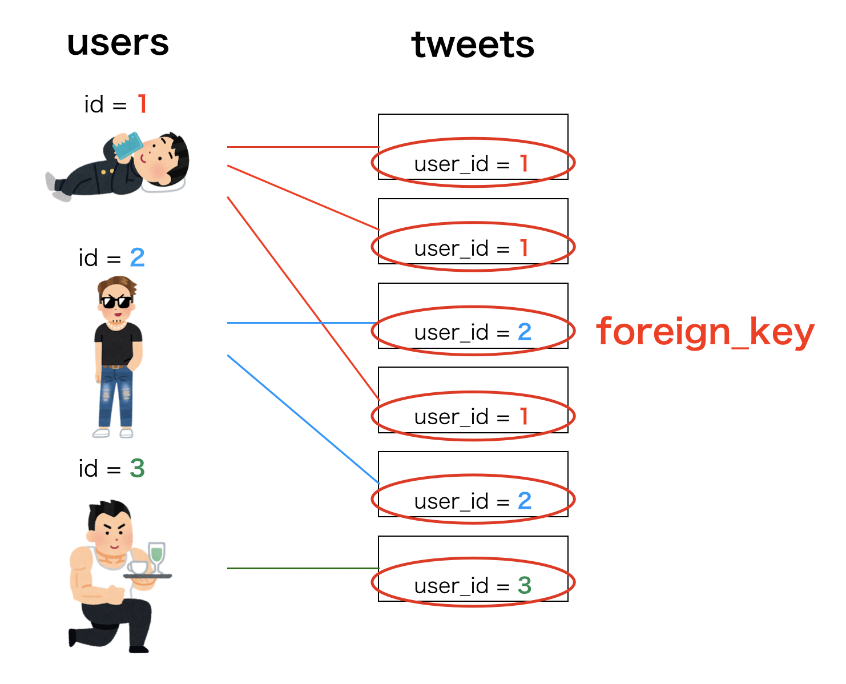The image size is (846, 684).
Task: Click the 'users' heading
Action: coord(118,43)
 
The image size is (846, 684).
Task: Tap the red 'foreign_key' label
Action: coord(705,332)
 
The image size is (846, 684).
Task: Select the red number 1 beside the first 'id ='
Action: coord(142,104)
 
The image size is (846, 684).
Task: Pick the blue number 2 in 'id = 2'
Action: coord(137,257)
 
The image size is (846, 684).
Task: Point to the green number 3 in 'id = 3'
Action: coord(137,468)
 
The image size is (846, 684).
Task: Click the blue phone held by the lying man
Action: coord(127,145)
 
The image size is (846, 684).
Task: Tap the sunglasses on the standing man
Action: coord(116,301)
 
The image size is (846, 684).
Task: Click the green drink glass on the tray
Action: coord(156,554)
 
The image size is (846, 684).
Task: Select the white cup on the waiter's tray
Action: coord(138,567)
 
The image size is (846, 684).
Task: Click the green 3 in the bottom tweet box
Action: coord(524,585)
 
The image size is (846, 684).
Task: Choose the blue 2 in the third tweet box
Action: coord(524,332)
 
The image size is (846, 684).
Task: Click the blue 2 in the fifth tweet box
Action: coord(524,501)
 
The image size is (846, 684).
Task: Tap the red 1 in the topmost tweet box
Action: coord(523,163)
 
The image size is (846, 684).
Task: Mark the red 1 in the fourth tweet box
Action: coord(523,416)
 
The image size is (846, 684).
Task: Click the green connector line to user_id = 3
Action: coord(303,568)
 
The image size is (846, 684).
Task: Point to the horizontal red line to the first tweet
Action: coord(303,147)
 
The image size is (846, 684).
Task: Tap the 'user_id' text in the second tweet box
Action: coord(451,248)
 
